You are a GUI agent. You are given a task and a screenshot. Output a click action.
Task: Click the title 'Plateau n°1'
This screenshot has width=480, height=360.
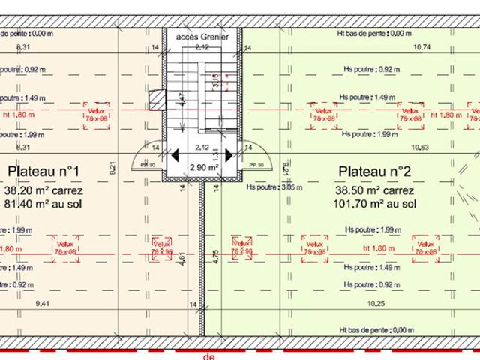click(43, 172)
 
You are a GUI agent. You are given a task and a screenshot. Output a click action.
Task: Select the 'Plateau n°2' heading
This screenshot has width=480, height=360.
click(374, 172)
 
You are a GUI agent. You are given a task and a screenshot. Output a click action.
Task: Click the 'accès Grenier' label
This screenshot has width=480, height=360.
click(202, 36)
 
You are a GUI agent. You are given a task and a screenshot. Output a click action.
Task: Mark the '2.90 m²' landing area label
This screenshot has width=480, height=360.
click(202, 168)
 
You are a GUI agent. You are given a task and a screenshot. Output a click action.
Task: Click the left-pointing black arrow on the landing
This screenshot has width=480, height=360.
click(174, 156)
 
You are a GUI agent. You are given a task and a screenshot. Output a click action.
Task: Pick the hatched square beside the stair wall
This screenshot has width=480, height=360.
click(156, 99)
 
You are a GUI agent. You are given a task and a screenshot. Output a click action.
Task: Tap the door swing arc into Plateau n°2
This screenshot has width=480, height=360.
click(257, 156)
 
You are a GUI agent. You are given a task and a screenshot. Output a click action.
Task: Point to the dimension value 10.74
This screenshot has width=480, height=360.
click(424, 47)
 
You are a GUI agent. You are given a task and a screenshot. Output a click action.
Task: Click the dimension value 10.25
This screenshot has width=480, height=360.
click(377, 304)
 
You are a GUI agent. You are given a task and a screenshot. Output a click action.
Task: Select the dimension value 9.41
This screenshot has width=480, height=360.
click(42, 304)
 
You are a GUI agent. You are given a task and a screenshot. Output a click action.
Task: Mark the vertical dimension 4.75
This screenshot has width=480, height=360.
click(215, 257)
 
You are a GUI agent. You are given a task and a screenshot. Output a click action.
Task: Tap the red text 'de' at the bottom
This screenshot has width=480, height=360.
click(208, 356)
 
